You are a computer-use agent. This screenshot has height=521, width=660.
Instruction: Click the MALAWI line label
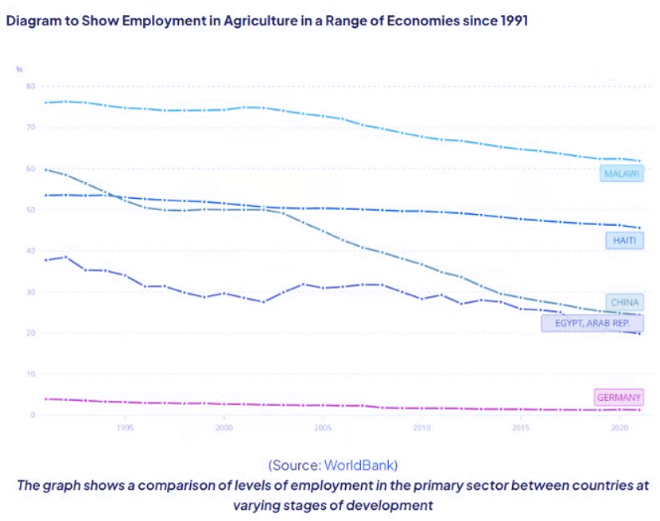pyautogui.click(x=621, y=173)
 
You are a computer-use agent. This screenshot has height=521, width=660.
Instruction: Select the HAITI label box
pyautogui.click(x=624, y=239)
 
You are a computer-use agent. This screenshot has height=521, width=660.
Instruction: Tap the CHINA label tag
pyautogui.click(x=624, y=302)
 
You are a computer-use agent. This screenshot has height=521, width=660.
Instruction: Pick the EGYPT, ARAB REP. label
pyautogui.click(x=592, y=323)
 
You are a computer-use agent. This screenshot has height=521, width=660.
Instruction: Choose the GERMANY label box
pyautogui.click(x=618, y=397)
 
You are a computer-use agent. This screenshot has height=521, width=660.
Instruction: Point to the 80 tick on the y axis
pyautogui.click(x=30, y=86)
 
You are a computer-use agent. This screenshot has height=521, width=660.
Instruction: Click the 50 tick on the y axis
pyautogui.click(x=30, y=209)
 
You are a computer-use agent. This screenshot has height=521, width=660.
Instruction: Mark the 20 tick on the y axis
pyautogui.click(x=30, y=332)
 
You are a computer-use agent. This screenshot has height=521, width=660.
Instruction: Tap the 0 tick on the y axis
pyautogui.click(x=33, y=414)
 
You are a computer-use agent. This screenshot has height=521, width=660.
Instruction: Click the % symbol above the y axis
pyautogui.click(x=20, y=69)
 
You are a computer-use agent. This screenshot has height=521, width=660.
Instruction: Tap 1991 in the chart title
pyautogui.click(x=512, y=21)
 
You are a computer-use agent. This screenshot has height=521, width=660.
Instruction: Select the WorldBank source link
pyautogui.click(x=360, y=465)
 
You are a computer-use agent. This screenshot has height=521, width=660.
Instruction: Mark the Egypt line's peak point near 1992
pyautogui.click(x=65, y=256)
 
